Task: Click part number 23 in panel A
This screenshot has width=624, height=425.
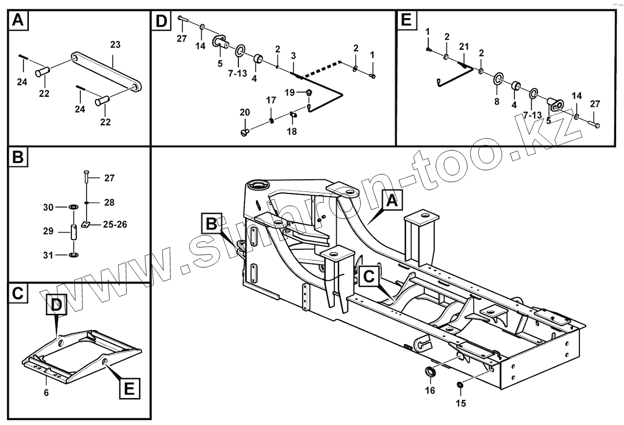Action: [x=115, y=45]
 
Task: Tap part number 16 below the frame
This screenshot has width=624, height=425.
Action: [x=430, y=390]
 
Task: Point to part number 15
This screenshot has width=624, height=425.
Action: [x=461, y=403]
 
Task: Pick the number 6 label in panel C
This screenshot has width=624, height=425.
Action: [x=46, y=392]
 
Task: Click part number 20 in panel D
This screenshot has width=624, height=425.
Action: [x=245, y=113]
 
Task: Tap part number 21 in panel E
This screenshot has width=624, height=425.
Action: [x=464, y=47]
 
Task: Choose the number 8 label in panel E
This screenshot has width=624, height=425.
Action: [x=497, y=102]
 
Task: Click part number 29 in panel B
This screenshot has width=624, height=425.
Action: [x=48, y=231]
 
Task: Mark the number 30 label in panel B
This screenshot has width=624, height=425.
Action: [x=48, y=208]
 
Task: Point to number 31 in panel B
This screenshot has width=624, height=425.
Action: [x=48, y=255]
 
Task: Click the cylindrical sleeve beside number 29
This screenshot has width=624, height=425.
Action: [x=75, y=232]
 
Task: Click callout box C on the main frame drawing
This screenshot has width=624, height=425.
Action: [x=368, y=277]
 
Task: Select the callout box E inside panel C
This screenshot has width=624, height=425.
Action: [x=128, y=389]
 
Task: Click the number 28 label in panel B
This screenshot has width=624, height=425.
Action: [x=109, y=202]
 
